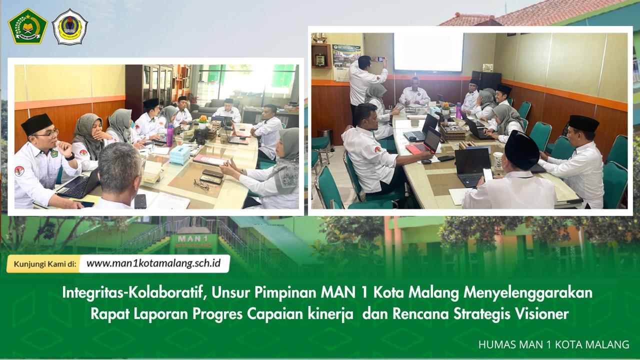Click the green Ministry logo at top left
pos(28,26)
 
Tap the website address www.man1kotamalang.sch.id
pos(154,263)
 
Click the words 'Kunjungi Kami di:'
pos(45,264)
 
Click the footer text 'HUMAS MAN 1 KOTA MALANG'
pos(553,344)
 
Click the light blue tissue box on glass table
pos(179,155)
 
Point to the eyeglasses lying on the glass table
pos(201,184)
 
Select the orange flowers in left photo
pos(202,119)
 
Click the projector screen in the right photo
pos(428,52)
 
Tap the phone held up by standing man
pos(380,59)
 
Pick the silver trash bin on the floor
pos(325,137)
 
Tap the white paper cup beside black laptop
pos(498,159)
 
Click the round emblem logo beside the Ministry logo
pos(69,26)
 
